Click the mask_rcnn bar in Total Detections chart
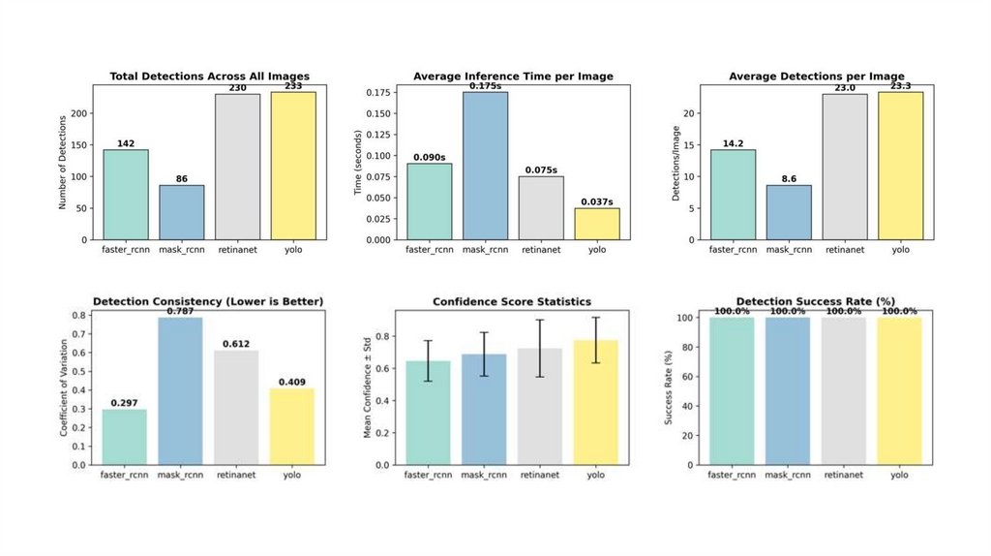coord(182,212)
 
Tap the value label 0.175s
coord(486,86)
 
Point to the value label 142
coord(126,143)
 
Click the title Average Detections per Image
coord(817,77)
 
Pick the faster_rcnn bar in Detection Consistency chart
coord(125,437)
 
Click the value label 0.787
coord(181,311)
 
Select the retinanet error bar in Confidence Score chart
coord(541,348)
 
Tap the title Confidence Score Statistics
coord(513,302)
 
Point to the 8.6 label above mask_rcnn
coord(789,179)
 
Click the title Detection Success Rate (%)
coord(817,302)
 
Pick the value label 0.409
coord(292,382)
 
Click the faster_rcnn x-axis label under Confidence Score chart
coord(429,476)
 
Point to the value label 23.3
coord(901,86)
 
